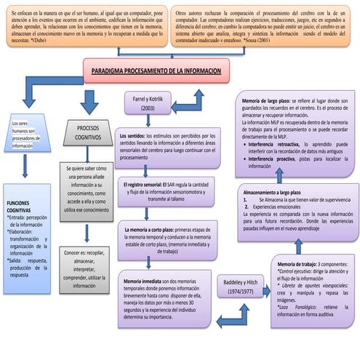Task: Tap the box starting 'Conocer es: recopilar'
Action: click(x=88, y=270)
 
